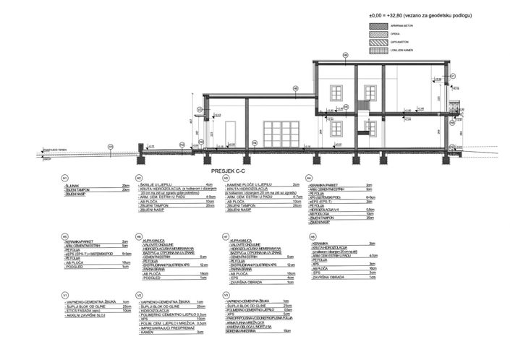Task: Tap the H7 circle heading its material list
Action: (226, 236)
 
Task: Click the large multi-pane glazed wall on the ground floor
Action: (281, 134)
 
